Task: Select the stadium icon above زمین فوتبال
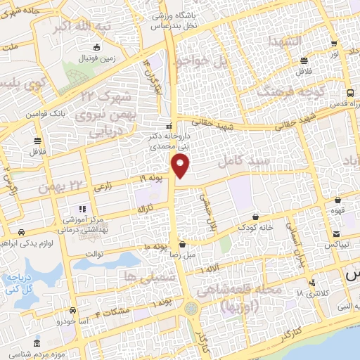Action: (96, 48)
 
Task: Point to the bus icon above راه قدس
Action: (350, 94)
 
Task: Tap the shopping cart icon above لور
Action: (333, 42)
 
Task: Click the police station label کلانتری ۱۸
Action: (309, 292)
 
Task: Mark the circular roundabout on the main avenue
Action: (191, 308)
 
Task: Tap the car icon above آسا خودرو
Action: (73, 310)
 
